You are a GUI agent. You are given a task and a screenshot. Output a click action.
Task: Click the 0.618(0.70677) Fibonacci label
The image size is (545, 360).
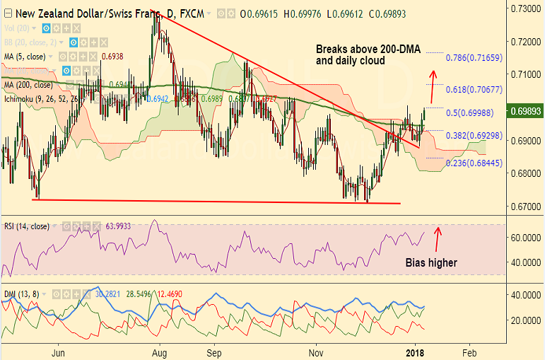tap(474, 90)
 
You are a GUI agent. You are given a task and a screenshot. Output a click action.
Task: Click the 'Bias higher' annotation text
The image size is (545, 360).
tap(431, 262)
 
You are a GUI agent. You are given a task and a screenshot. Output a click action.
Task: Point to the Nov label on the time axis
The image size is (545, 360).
tap(316, 351)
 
